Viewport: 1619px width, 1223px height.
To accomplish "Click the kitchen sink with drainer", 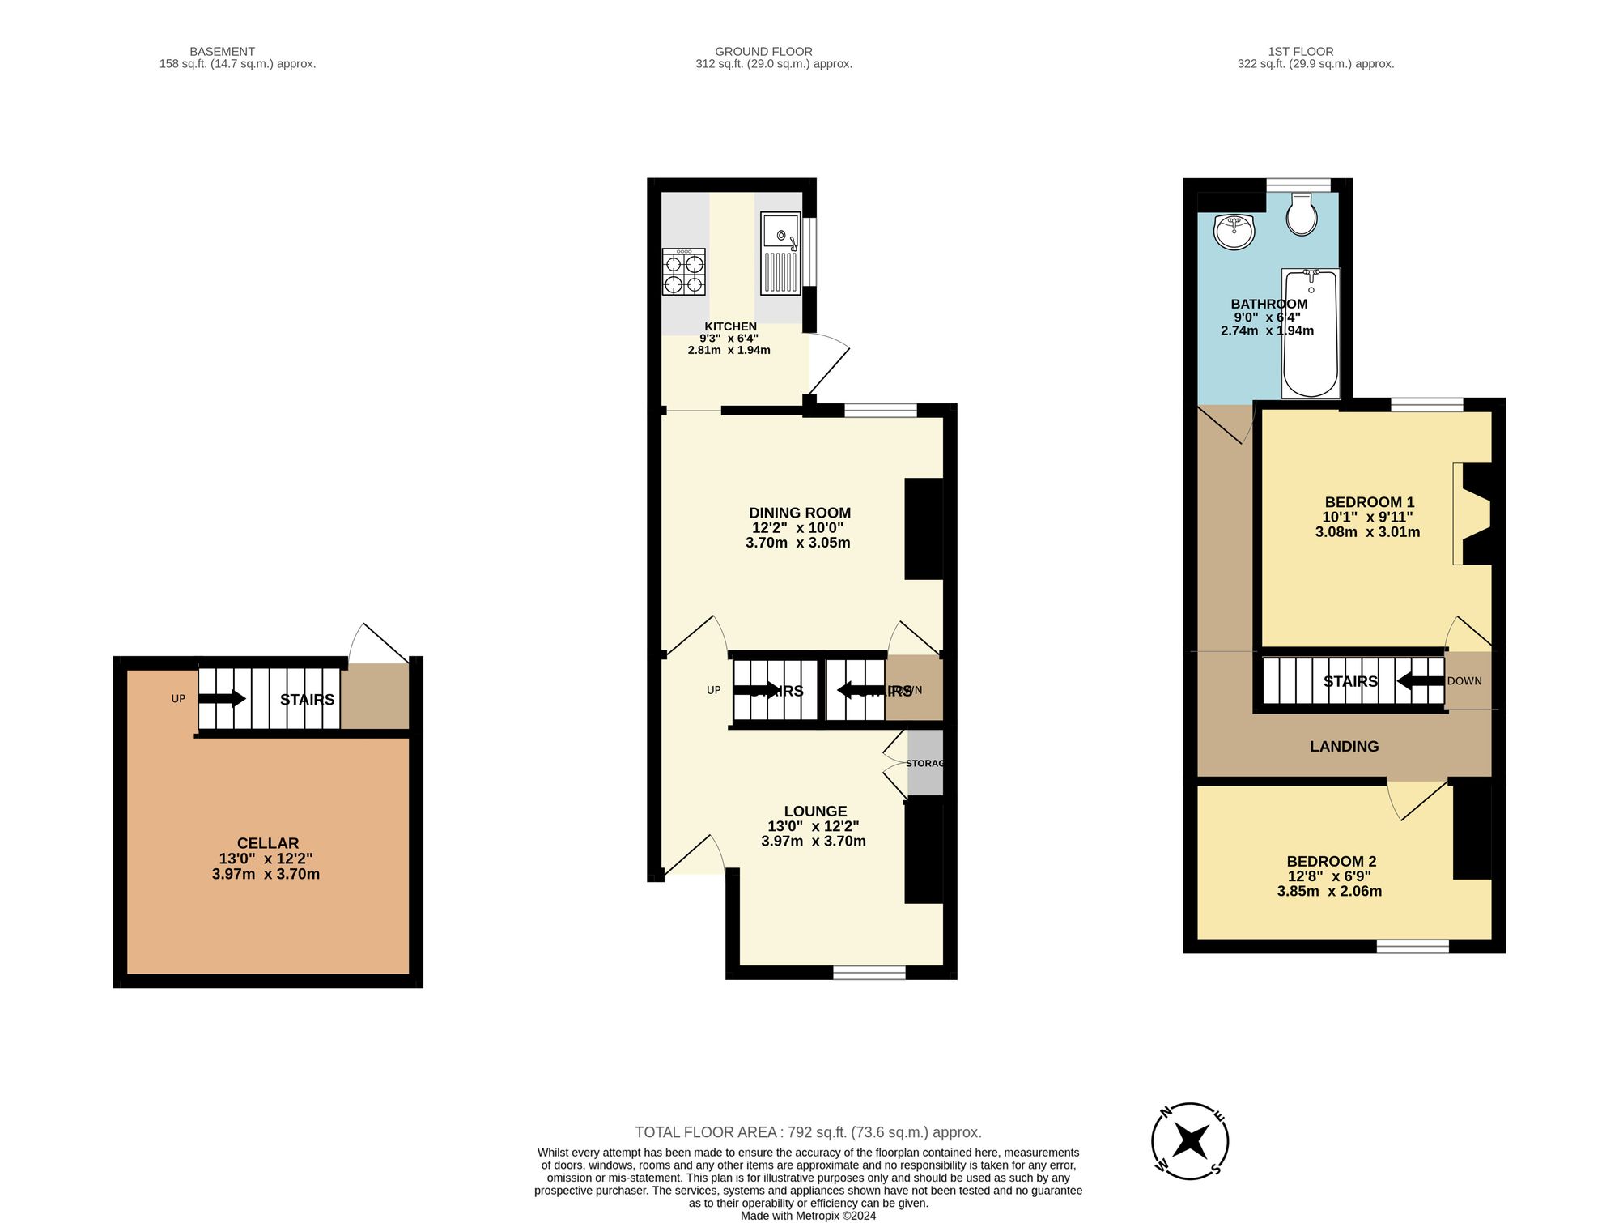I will (x=780, y=253).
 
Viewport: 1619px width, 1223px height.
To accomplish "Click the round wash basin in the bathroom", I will (x=1234, y=232).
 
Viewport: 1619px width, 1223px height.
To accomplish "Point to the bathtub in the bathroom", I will (x=1311, y=334).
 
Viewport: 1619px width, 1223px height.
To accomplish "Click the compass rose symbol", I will (x=1190, y=1140).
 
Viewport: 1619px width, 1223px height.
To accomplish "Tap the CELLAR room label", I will (x=268, y=843).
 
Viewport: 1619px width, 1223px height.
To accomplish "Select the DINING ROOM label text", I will (x=799, y=513).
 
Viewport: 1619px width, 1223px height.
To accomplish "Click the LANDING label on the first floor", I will (x=1344, y=747).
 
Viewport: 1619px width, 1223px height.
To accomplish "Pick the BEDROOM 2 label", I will (x=1331, y=862).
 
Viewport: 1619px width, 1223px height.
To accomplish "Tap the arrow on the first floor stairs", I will (x=1421, y=680).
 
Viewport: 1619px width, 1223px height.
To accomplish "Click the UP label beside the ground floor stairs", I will (x=713, y=690).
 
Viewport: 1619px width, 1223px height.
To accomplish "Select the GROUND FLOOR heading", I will (x=763, y=51).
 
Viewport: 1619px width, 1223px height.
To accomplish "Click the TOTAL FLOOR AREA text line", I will (x=807, y=1132).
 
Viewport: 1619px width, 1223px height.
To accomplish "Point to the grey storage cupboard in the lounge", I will (x=925, y=762).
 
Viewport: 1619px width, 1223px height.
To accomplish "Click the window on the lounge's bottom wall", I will (x=869, y=972).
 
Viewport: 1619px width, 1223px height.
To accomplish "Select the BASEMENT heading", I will (x=222, y=51).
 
